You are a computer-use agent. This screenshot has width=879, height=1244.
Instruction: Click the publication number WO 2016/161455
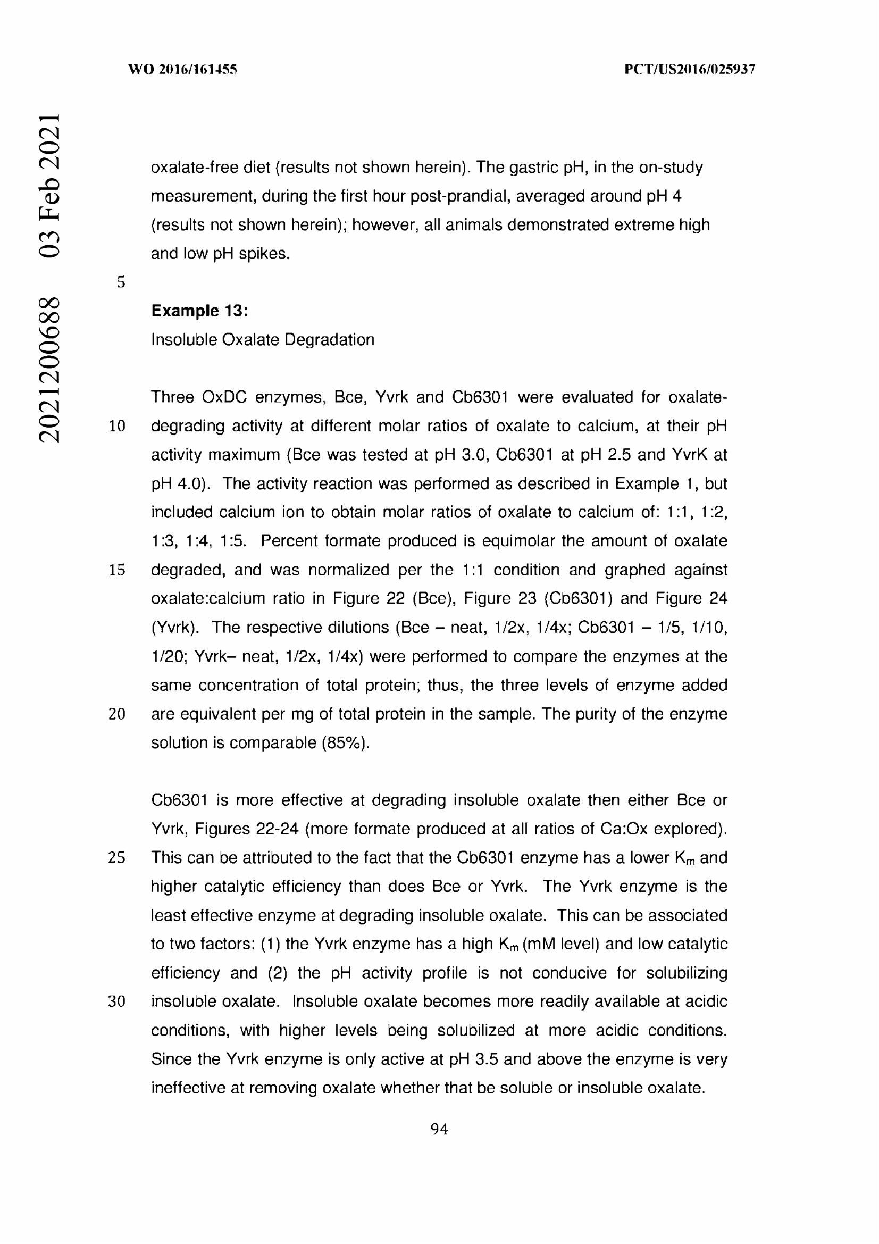(x=182, y=69)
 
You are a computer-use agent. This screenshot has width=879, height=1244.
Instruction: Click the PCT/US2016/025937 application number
(x=690, y=69)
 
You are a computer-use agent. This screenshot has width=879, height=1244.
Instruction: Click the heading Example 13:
(x=199, y=311)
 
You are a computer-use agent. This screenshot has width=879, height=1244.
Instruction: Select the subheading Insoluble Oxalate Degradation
(x=263, y=340)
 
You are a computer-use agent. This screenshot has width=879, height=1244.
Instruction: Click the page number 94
(x=439, y=1129)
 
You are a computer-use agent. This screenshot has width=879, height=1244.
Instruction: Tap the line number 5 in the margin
(x=121, y=282)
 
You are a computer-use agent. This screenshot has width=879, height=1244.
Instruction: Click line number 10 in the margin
(x=117, y=427)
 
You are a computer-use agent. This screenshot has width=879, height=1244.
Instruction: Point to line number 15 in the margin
(x=117, y=570)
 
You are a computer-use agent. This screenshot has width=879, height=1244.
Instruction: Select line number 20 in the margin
(x=117, y=714)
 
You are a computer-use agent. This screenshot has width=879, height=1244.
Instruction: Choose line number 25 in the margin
(x=117, y=858)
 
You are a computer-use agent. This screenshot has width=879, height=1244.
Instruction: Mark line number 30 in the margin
(x=117, y=1001)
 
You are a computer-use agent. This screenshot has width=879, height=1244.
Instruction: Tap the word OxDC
(x=224, y=397)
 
